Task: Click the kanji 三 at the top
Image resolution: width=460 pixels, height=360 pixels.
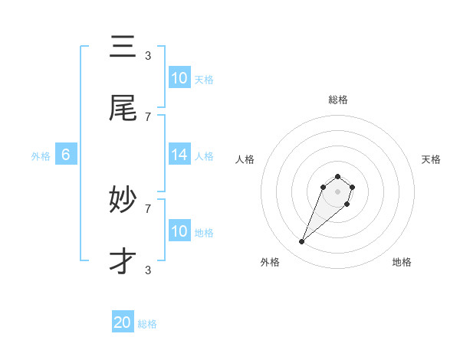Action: (x=123, y=47)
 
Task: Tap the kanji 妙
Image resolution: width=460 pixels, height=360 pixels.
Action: (x=123, y=201)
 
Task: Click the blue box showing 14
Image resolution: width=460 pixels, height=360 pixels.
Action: (x=179, y=155)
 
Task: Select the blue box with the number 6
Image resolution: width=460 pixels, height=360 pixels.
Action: (x=66, y=155)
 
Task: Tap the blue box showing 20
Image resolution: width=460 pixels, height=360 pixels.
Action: (x=123, y=322)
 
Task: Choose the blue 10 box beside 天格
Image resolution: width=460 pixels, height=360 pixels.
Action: (x=179, y=78)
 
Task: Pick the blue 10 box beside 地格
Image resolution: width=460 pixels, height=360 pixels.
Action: (x=179, y=231)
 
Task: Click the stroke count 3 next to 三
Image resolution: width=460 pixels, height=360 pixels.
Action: (x=148, y=55)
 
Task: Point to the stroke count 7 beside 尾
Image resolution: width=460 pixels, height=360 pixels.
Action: (x=148, y=116)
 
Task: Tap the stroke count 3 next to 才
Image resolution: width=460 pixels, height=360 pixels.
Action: (x=148, y=270)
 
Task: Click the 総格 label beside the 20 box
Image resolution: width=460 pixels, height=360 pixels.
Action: (x=147, y=324)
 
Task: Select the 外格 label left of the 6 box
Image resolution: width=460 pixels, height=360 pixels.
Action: (x=41, y=156)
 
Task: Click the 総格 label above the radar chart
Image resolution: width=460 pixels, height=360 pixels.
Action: (x=338, y=100)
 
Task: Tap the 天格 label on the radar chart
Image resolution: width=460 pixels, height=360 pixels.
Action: (x=432, y=159)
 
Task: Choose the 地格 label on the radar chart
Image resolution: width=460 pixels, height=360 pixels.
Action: (x=402, y=262)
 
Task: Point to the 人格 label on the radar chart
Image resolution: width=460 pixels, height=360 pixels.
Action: (x=245, y=159)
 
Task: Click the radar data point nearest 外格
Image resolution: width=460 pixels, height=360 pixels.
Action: (x=302, y=242)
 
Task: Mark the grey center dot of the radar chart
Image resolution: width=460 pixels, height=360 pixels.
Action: (x=338, y=191)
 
